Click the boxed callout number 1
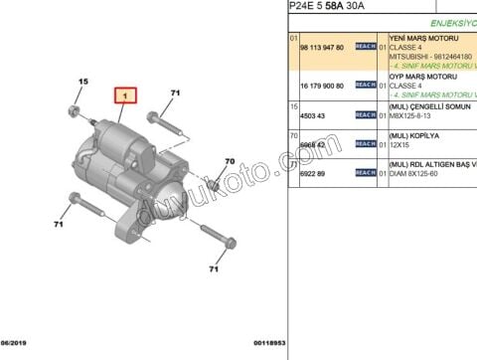(x=125, y=96)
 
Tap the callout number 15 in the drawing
(x=83, y=82)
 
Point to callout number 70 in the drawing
(x=229, y=161)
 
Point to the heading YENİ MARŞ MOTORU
(x=427, y=37)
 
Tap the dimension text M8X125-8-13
(x=412, y=115)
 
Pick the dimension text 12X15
(x=399, y=144)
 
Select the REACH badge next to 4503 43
(x=365, y=115)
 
